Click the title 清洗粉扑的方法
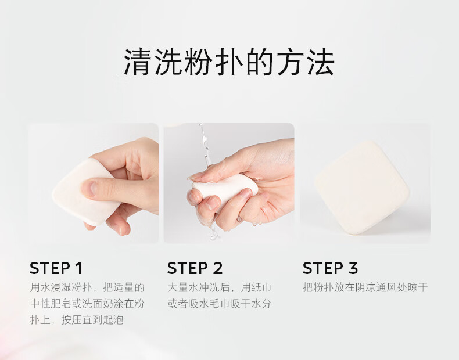coord(229,62)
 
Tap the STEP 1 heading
coord(56,268)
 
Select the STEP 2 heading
coord(195,268)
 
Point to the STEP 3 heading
coord(330,268)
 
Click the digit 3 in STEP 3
coord(353,268)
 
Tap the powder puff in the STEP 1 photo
coord(79,193)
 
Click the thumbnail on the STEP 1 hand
coord(89,188)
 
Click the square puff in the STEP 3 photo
coord(362,188)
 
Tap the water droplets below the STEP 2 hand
coord(214,232)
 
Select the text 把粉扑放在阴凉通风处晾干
coord(365,287)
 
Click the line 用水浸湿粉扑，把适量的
coord(87,287)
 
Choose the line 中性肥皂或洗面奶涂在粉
coord(87,304)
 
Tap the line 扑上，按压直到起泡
coord(77,319)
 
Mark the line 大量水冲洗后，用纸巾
coord(220,287)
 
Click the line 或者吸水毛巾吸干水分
coord(220,304)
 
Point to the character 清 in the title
coord(137,62)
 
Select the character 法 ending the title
coord(321,62)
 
